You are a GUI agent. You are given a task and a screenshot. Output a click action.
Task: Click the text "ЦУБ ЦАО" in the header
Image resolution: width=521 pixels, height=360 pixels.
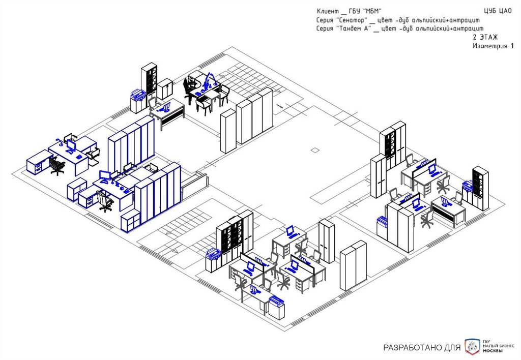(x=498, y=11)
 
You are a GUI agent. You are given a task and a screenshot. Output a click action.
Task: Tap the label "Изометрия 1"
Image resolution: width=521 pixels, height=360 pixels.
(x=493, y=46)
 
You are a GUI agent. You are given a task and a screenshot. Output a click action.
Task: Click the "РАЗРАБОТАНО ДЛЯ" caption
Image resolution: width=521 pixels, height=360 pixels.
(x=422, y=348)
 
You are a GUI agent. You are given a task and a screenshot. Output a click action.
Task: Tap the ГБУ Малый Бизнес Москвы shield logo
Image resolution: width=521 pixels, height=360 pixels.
(x=473, y=346)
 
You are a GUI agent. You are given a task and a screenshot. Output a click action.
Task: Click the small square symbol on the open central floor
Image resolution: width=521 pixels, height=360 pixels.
(x=315, y=151)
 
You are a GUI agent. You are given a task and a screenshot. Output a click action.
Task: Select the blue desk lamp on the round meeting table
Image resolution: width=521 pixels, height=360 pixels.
(x=210, y=80)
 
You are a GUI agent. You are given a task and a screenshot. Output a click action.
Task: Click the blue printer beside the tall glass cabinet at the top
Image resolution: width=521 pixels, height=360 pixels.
(x=137, y=94)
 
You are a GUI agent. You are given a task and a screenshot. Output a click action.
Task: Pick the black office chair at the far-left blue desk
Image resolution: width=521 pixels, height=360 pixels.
(x=57, y=165)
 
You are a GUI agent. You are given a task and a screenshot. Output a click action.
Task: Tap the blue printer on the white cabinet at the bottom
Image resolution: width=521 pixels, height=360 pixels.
(x=276, y=301)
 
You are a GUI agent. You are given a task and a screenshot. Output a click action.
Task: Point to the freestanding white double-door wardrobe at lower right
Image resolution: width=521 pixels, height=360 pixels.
(x=353, y=266)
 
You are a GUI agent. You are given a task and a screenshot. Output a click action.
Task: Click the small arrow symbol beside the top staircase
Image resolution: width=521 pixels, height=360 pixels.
(x=280, y=106)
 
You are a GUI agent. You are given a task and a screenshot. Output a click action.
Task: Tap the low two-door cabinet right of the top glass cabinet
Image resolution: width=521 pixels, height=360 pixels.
(x=165, y=88)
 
